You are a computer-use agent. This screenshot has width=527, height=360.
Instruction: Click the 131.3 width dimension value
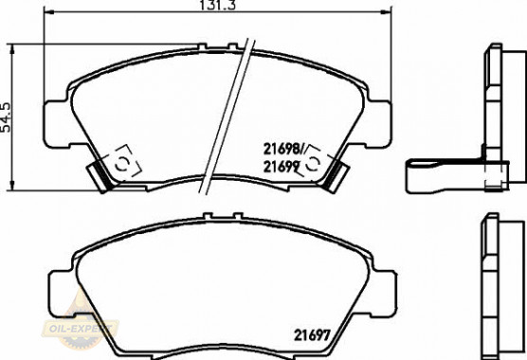[218, 5]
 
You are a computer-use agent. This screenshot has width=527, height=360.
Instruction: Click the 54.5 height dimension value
[7, 117]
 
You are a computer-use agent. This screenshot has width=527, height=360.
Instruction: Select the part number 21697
[313, 334]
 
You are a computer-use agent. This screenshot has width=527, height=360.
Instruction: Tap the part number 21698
[282, 149]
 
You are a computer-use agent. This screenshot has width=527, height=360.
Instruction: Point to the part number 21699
[282, 167]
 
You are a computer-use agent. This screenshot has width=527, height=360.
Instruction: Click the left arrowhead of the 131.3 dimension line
[49, 12]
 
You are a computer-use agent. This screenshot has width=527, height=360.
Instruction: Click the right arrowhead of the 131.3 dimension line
[386, 12]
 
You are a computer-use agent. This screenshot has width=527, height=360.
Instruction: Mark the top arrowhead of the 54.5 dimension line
[12, 49]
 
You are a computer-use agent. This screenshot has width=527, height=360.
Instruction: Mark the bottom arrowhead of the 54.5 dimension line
[12, 185]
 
